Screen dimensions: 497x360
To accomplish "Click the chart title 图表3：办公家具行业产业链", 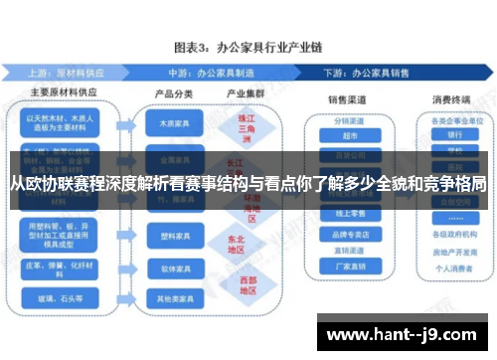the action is click(248, 46).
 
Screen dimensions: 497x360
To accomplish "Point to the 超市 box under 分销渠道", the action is click(349, 135).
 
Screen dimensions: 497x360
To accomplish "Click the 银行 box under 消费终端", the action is click(454, 135).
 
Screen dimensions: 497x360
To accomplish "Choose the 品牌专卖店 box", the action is click(349, 236).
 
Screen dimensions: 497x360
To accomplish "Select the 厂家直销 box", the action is click(349, 266).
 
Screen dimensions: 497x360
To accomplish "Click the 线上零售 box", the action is click(349, 212).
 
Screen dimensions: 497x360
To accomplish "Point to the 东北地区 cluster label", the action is click(236, 244).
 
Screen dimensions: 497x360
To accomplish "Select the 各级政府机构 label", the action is click(454, 235).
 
